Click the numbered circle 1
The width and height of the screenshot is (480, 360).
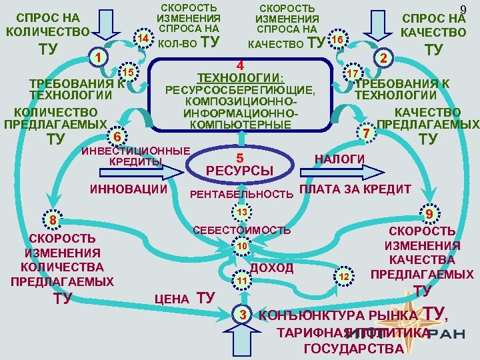coord(97,57)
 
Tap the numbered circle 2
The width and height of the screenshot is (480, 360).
coord(382,58)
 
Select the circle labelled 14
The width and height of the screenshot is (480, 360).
coord(142,39)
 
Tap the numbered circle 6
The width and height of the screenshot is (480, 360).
coord(117,137)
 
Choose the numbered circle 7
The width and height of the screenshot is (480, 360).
coord(365,133)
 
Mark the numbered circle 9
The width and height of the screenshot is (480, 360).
coord(431,214)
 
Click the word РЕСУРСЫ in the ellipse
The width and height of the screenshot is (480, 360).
coord(239,171)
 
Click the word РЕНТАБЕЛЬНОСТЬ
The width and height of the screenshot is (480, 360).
coord(241,195)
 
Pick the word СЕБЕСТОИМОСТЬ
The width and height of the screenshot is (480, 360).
coord(241,230)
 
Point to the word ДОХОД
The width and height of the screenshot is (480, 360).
coord(271,268)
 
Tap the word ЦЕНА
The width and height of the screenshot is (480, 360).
coord(172,299)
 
